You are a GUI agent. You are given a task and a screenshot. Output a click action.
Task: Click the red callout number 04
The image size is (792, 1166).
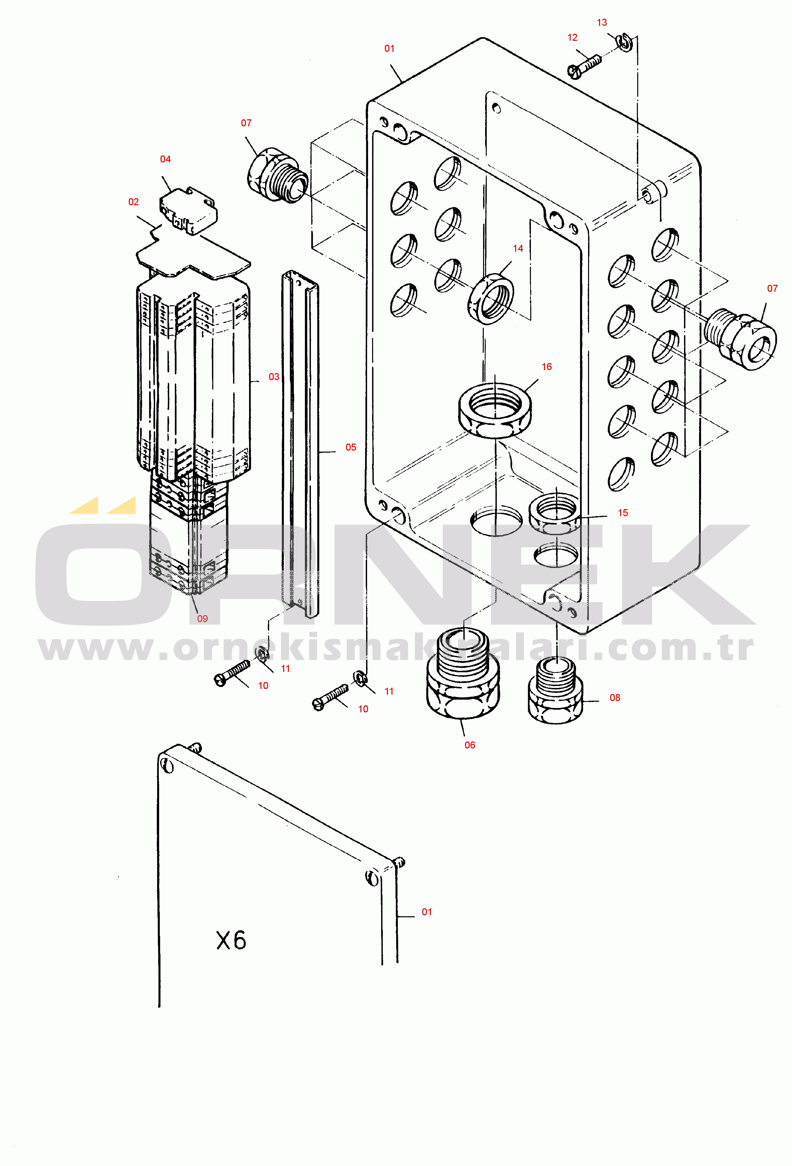coord(165,159)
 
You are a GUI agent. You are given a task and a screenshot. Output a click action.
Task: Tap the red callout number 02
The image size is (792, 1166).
coord(133,202)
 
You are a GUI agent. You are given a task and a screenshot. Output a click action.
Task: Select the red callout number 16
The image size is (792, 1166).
coord(547,367)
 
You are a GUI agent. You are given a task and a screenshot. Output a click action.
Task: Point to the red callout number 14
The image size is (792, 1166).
coord(518,248)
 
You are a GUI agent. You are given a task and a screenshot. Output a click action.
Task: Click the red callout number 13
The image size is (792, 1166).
coord(602,23)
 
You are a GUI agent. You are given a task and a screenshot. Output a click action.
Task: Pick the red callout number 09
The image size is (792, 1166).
coord(202,619)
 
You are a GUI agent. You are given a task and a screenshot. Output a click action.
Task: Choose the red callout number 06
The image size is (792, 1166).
coord(470,745)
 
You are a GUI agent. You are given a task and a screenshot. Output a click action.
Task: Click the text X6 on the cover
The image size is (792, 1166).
coord(231,940)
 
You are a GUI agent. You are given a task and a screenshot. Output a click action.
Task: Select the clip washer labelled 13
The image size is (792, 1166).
coord(625,42)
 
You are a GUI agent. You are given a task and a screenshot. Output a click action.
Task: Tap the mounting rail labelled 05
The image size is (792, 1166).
coord(300,444)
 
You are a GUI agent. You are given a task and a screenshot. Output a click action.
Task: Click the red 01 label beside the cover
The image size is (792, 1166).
coord(427,912)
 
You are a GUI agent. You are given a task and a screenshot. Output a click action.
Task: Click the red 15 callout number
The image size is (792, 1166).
coord(623,513)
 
